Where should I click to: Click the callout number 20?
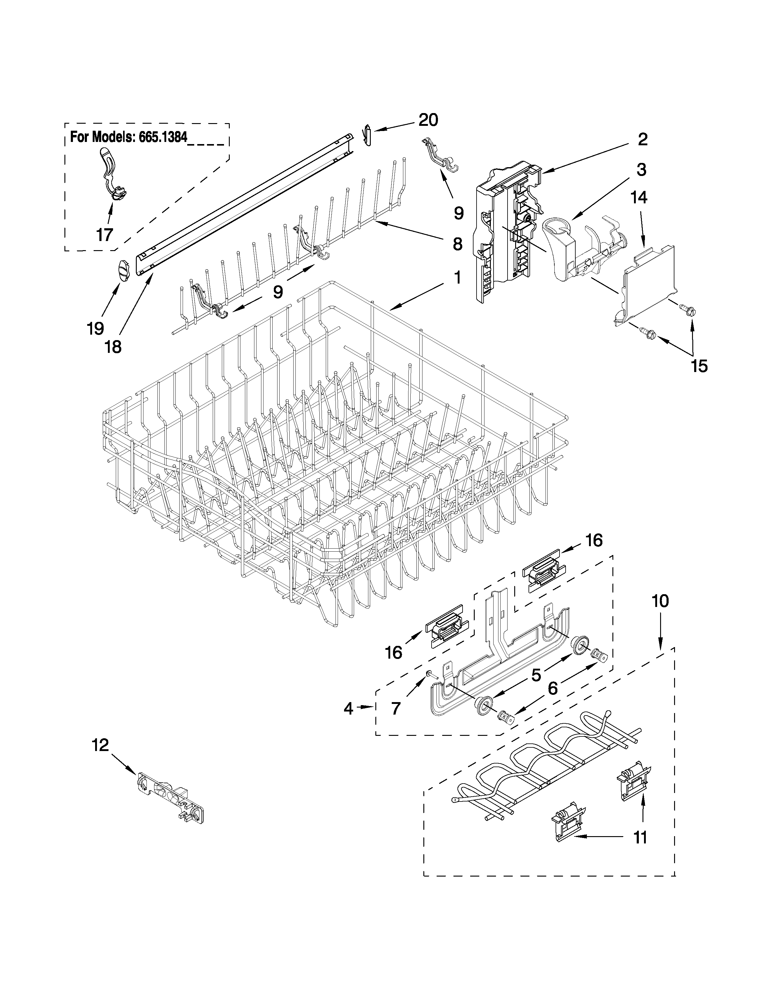pyautogui.click(x=427, y=120)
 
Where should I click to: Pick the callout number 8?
pyautogui.click(x=457, y=244)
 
